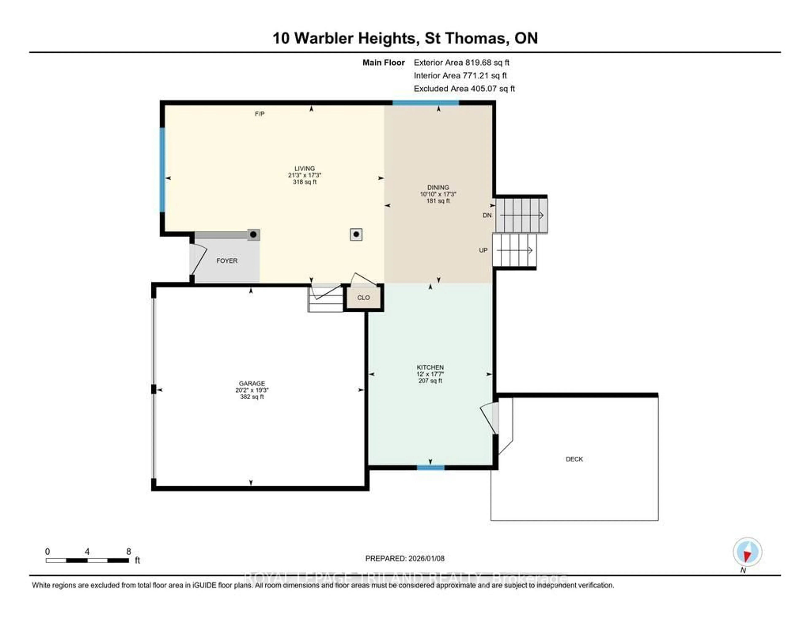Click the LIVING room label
305,168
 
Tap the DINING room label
438,187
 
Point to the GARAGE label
252,383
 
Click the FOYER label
227,261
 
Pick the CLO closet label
363,298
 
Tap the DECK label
574,459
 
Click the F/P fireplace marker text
260,114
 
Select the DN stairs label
487,215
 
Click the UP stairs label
483,250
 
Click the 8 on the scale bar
129,551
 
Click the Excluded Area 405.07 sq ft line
464,89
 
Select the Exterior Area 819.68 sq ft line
461,63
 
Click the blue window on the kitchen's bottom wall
431,467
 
